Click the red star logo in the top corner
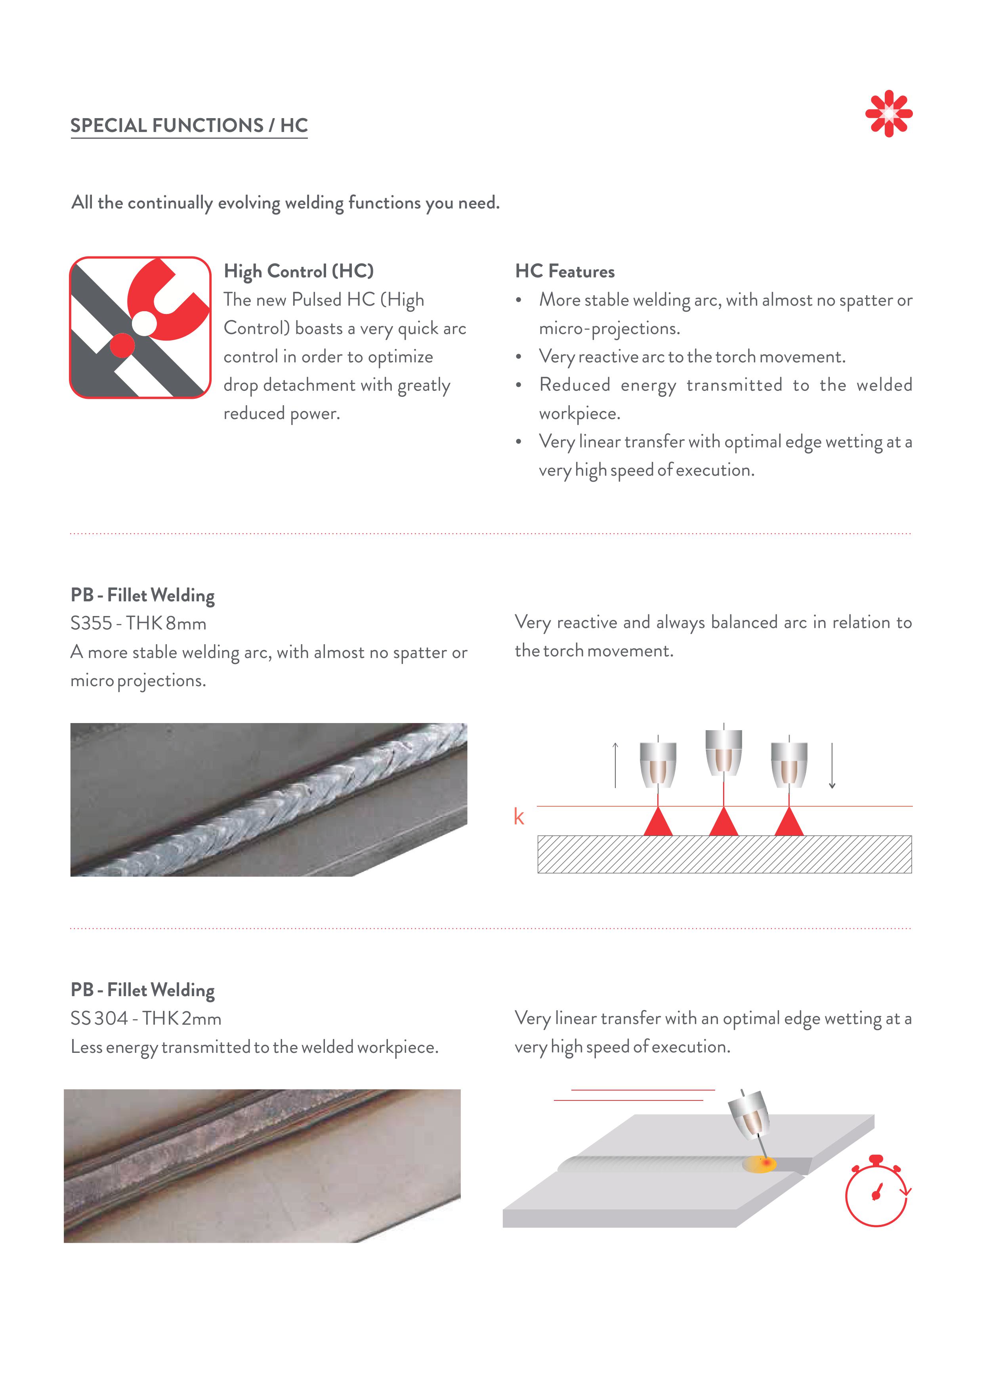click(889, 113)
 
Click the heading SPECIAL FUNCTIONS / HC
click(189, 125)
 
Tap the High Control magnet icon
click(141, 327)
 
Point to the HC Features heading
click(565, 272)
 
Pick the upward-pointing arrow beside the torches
click(615, 765)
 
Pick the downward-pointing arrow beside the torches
click(832, 766)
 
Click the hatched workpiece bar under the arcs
click(724, 854)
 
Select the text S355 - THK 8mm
click(138, 624)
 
